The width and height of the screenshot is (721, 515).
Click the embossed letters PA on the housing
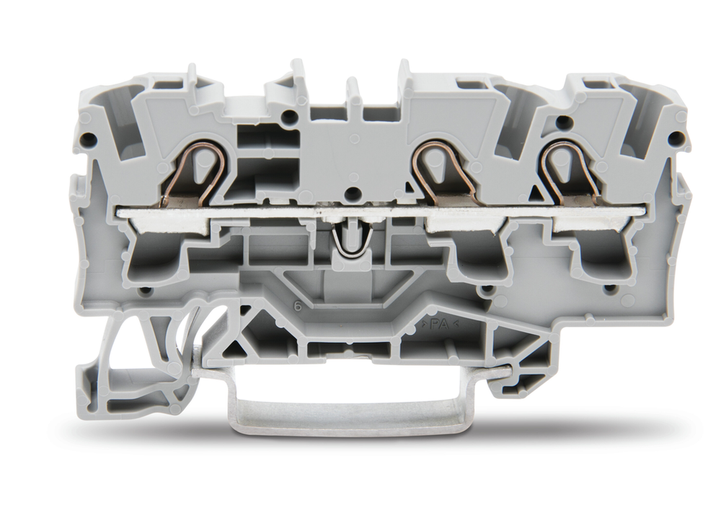pos(436,324)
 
